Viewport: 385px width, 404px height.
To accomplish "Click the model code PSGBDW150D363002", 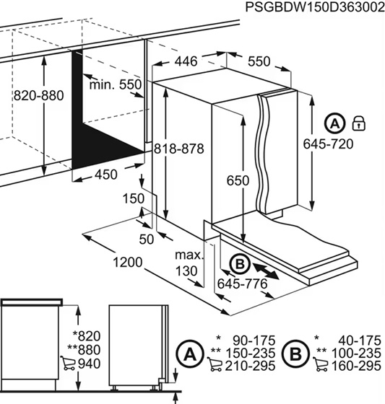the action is click(315, 7).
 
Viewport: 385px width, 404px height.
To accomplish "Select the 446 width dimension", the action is click(186, 61).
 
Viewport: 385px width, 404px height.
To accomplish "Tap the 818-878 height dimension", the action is click(179, 149).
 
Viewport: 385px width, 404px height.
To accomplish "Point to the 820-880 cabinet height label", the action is click(38, 95).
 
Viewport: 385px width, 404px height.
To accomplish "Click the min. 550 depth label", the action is click(116, 84).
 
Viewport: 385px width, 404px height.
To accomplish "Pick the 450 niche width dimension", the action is click(106, 175).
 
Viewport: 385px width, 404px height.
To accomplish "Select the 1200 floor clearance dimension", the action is click(128, 263).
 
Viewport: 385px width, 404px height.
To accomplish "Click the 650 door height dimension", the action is click(238, 180).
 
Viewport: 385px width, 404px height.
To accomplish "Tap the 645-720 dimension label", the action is click(328, 144).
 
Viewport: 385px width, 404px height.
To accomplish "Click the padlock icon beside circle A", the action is click(359, 123).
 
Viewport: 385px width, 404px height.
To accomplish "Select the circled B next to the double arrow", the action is click(240, 264).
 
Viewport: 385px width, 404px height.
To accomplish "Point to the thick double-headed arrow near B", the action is click(266, 271).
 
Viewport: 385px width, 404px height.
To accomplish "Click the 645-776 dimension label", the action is click(242, 284).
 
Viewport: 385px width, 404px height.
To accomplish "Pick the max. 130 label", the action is click(189, 263).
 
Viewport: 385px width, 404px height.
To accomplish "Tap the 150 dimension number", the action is click(133, 198).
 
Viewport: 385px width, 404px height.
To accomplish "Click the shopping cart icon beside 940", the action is click(68, 363).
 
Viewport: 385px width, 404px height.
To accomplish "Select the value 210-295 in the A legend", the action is click(250, 366).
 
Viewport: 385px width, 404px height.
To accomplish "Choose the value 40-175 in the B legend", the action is click(360, 341).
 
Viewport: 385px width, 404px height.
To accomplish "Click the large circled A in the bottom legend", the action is click(190, 354).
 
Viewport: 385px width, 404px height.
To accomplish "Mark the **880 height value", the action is click(84, 350).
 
